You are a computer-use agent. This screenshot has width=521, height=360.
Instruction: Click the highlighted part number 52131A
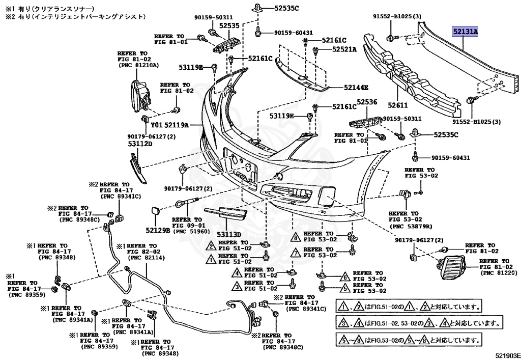466,32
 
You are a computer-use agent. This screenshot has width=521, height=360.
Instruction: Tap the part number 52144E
356,87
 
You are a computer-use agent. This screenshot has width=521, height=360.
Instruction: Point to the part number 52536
366,102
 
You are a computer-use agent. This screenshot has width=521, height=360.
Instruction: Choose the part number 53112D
140,144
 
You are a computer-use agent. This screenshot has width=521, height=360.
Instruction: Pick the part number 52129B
157,230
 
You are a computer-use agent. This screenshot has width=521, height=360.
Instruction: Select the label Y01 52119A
170,124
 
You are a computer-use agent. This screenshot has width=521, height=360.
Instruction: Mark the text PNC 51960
190,232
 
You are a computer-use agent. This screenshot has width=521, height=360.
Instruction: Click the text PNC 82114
143,258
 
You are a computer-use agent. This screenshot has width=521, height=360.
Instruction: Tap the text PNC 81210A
138,65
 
